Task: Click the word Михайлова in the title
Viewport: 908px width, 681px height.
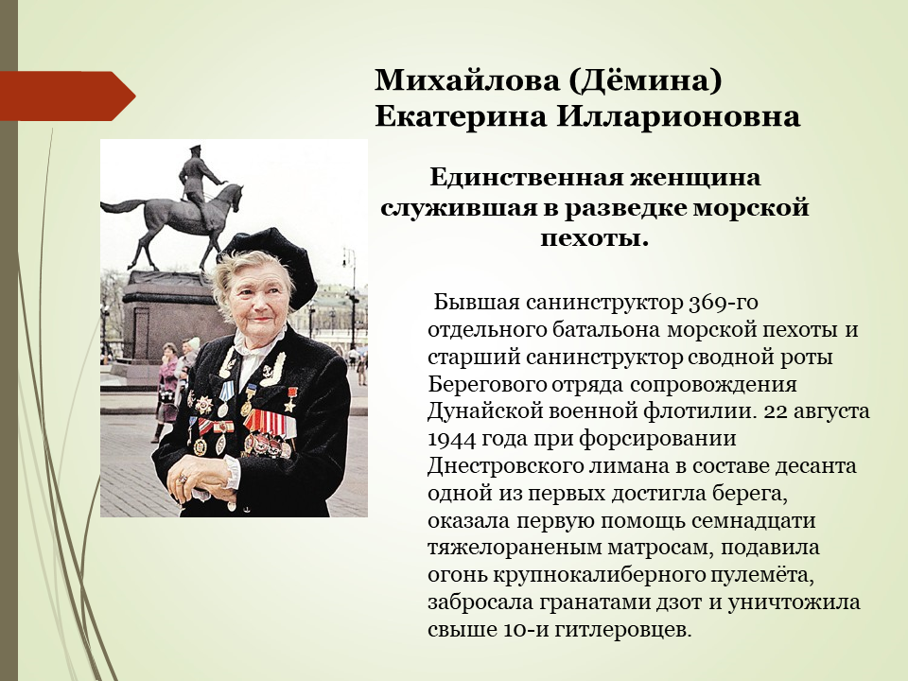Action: coord(466,79)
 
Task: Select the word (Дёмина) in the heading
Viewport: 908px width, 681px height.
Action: coord(644,81)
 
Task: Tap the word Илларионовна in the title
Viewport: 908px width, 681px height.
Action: coord(678,117)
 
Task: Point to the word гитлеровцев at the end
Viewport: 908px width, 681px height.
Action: coord(622,630)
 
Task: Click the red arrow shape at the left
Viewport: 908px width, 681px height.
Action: coord(68,96)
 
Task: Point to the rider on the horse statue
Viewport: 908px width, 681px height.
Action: coord(198,174)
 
